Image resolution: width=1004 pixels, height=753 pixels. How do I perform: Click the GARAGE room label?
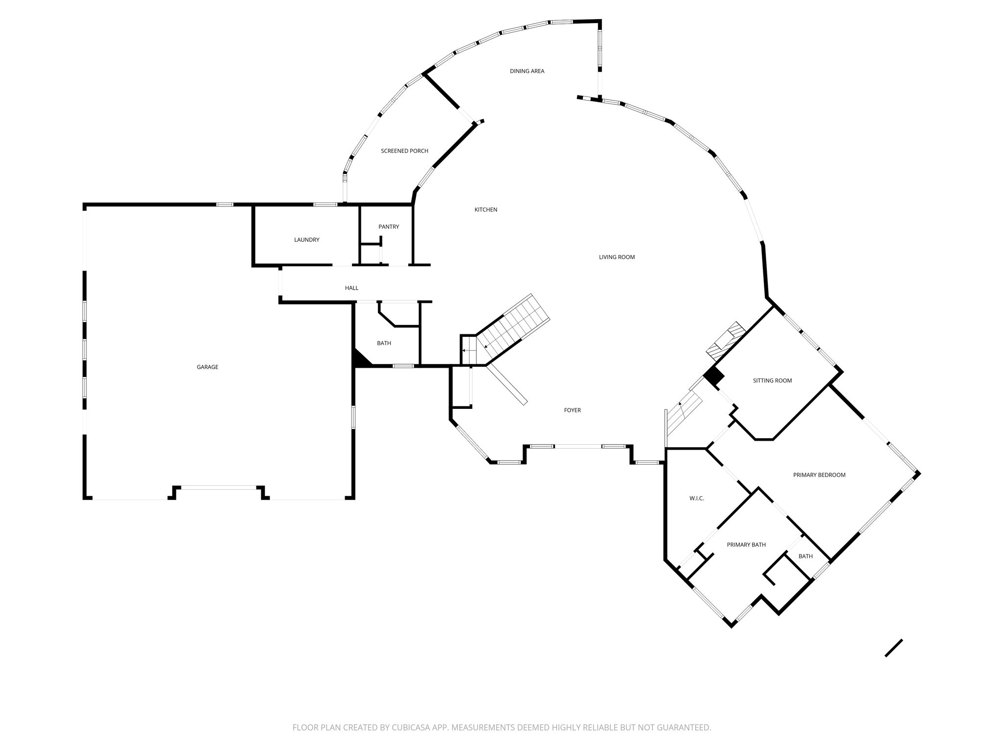point(207,367)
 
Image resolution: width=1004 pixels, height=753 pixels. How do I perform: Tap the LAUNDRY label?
point(306,240)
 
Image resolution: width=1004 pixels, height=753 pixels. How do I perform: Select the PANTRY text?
point(389,226)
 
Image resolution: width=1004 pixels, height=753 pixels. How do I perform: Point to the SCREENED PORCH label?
point(404,151)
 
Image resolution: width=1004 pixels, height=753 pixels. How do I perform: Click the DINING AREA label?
point(527,71)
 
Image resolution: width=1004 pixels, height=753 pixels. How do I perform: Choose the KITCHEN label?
point(486,210)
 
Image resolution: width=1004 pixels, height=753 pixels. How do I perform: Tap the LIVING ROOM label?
point(617,257)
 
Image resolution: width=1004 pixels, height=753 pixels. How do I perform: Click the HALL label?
point(351,288)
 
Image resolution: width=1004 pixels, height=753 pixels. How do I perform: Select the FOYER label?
point(572,410)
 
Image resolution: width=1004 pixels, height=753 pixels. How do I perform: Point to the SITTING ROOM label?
point(772,380)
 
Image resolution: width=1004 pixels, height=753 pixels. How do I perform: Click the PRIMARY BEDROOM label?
point(819,475)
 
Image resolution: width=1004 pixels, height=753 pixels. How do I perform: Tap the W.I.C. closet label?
point(697,498)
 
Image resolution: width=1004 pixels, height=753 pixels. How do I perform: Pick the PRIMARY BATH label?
point(746,545)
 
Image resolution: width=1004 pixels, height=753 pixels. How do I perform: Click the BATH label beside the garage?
point(384,343)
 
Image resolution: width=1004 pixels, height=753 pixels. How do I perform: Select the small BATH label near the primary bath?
point(805,556)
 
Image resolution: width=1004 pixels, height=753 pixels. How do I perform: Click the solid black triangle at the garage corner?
point(360,360)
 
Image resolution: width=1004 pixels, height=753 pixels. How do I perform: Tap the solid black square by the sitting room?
point(714,376)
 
